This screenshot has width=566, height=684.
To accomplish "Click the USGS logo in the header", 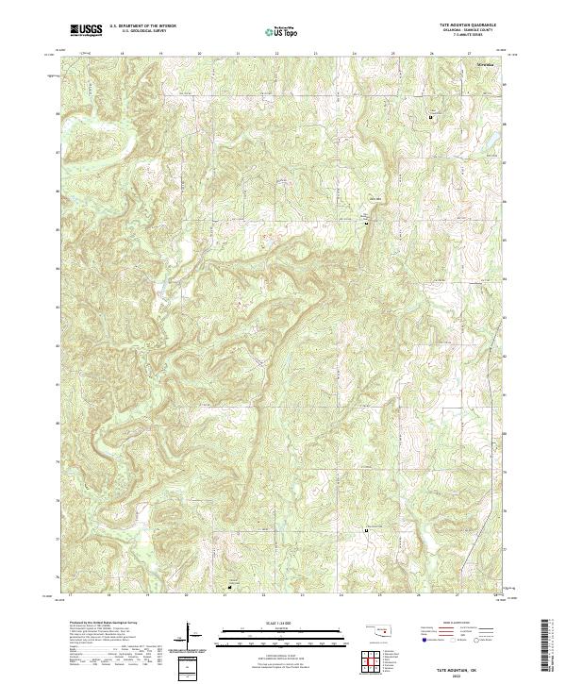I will click(86, 29).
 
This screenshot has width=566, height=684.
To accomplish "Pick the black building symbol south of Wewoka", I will click(435, 115).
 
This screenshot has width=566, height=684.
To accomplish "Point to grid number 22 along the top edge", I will click(276, 53).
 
